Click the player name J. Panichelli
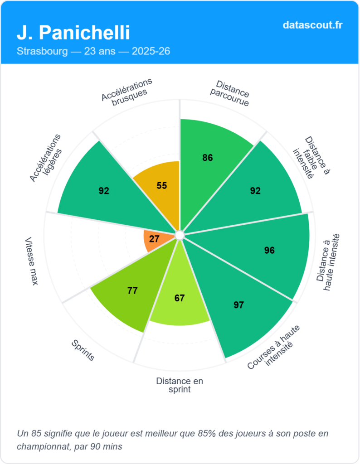pyautogui.click(x=73, y=32)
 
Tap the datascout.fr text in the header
pyautogui.click(x=312, y=24)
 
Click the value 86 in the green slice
pyautogui.click(x=208, y=158)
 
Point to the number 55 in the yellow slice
pyautogui.click(x=161, y=185)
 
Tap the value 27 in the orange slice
pyautogui.click(x=154, y=238)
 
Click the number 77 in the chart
pyautogui.click(x=132, y=290)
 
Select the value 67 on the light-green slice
pyautogui.click(x=180, y=298)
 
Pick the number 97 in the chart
pyautogui.click(x=239, y=305)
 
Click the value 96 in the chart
pyautogui.click(x=269, y=250)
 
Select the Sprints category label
pyautogui.click(x=83, y=350)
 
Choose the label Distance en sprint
pyautogui.click(x=180, y=385)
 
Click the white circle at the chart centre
pyautogui.click(x=180, y=235)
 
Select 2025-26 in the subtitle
pyautogui.click(x=151, y=51)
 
